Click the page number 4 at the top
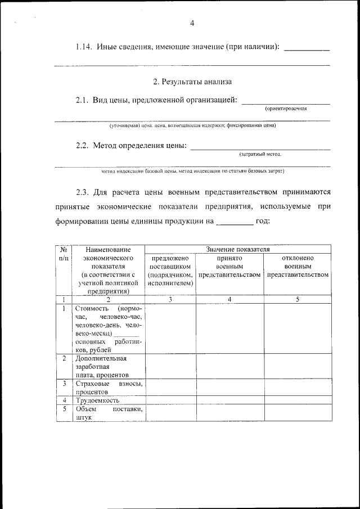(x=192, y=23)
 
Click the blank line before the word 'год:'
(x=235, y=221)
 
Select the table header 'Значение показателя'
(x=238, y=249)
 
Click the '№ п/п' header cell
(x=64, y=253)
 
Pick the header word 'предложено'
(x=170, y=258)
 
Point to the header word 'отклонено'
(x=298, y=258)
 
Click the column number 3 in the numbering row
(x=170, y=299)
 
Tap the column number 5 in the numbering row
(x=298, y=299)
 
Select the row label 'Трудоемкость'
(x=97, y=400)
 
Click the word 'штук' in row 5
(x=83, y=418)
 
